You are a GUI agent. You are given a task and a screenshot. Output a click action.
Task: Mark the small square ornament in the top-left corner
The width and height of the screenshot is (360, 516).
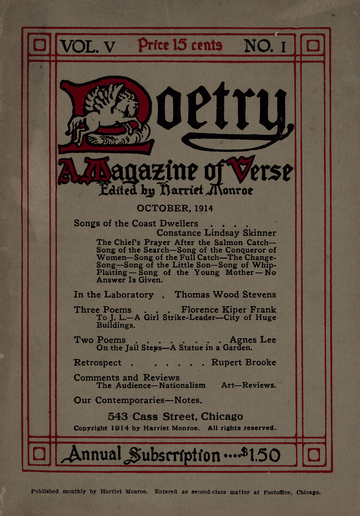(x=39, y=45)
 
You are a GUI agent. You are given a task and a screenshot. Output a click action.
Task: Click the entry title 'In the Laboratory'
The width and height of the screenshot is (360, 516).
(x=117, y=296)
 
